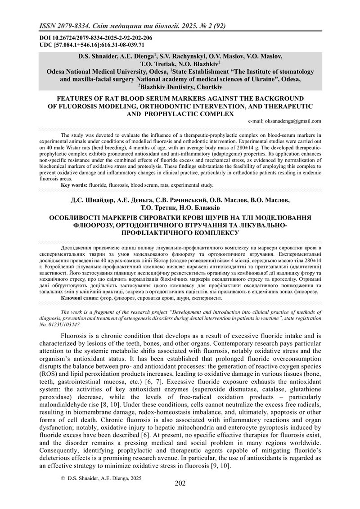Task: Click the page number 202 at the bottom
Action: pyautogui.click(x=180, y=484)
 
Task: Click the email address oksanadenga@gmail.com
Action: pyautogui.click(x=284, y=121)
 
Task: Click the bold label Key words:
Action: pyautogui.click(x=75, y=185)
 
